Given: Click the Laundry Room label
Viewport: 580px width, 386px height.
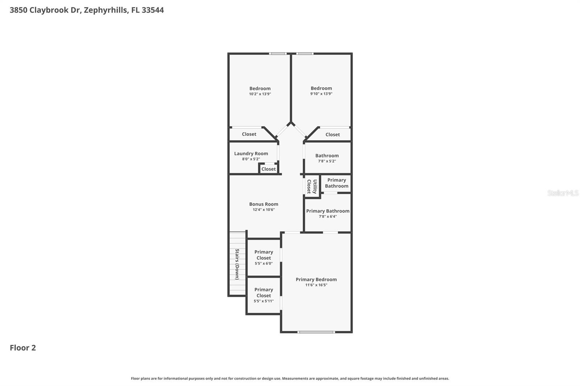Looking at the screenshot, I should [x=251, y=154].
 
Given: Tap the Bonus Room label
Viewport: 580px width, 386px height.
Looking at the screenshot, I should [x=264, y=204].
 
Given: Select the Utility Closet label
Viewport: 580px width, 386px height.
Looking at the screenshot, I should [x=312, y=186].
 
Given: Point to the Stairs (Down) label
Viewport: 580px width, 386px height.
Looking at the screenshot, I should [x=237, y=264].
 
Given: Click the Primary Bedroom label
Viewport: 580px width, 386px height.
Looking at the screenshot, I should [x=316, y=280].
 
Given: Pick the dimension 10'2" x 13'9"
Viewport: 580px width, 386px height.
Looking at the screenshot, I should [x=260, y=94].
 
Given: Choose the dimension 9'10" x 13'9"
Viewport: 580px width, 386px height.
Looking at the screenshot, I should [x=321, y=94].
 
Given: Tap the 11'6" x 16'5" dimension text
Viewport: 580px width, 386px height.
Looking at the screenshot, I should [x=316, y=285].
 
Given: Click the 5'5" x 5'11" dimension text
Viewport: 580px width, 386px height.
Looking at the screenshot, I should [x=264, y=301].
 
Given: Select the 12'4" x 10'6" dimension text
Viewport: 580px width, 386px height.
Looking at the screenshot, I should [x=264, y=210].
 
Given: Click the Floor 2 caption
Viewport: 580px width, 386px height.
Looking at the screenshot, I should [x=23, y=348].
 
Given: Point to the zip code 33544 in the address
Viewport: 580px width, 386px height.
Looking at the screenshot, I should [x=153, y=10].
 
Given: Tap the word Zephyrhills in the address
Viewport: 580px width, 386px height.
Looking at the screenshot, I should [x=105, y=10].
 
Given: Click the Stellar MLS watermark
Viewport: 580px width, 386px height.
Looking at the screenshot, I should [x=563, y=193].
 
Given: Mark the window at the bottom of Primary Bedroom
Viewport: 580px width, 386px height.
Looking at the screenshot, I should [x=316, y=332].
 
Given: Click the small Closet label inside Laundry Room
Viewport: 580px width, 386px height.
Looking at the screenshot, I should [x=269, y=169].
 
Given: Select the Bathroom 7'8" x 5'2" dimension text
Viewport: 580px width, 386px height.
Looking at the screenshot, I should [x=327, y=161].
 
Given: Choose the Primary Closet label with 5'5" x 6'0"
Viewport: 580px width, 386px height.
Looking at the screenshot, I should [x=264, y=255].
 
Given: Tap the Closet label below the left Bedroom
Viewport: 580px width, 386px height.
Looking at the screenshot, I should [x=249, y=134].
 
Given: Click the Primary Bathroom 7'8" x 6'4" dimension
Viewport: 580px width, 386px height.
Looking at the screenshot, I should [x=328, y=217].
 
